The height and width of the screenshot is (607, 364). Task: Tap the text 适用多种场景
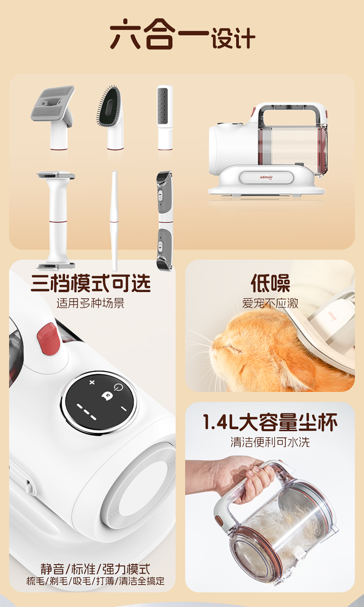[x=91, y=303]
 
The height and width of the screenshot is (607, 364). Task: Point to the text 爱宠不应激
[x=270, y=303]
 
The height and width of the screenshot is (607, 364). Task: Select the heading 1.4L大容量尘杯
[x=270, y=422]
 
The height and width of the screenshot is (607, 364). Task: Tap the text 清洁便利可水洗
[x=270, y=442]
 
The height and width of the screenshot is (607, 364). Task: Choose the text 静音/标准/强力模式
[x=95, y=569]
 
